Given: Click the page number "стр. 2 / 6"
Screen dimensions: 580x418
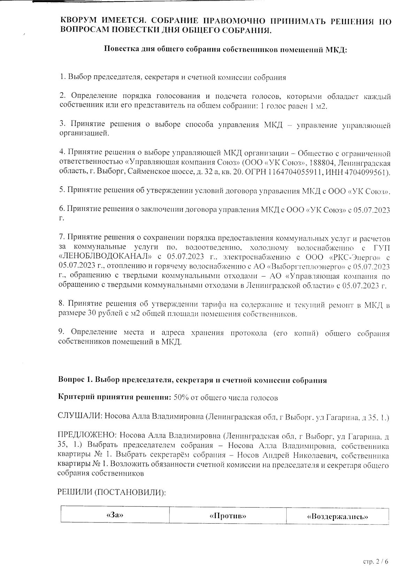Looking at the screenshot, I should (x=375, y=562).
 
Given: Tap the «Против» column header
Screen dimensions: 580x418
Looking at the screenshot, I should (x=228, y=516).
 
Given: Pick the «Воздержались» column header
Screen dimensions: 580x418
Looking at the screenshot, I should (x=337, y=516).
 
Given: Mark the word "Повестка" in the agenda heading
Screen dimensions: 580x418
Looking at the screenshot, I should (x=122, y=49).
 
